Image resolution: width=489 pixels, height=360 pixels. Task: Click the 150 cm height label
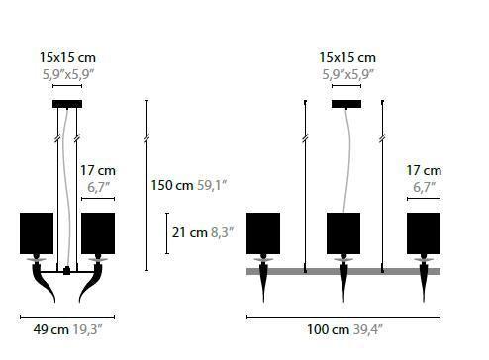(x=171, y=184)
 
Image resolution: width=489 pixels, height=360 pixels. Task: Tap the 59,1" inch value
(x=212, y=184)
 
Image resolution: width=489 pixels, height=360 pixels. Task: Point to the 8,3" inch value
(x=220, y=232)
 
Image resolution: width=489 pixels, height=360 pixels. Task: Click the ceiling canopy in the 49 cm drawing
(x=67, y=104)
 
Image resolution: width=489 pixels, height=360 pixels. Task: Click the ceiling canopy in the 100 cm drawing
(x=347, y=104)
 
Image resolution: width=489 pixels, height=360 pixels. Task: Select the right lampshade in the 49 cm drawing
(x=97, y=231)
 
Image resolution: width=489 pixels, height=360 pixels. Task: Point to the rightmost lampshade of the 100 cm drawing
(x=424, y=231)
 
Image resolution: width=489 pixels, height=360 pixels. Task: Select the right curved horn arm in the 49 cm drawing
(x=97, y=285)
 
